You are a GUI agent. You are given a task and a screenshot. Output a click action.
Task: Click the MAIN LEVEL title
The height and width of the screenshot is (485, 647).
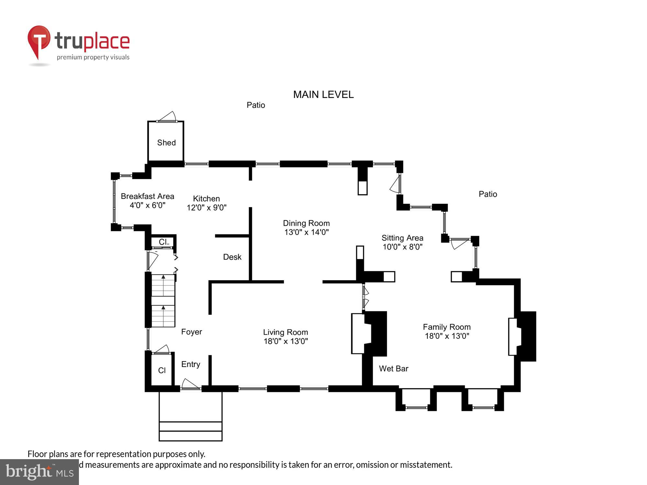point(323,94)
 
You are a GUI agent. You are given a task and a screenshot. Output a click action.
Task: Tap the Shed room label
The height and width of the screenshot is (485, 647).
point(166,143)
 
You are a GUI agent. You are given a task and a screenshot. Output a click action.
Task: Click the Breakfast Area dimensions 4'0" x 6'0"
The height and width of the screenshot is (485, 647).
point(148,205)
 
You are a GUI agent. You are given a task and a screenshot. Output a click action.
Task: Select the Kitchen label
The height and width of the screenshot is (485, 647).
point(206,199)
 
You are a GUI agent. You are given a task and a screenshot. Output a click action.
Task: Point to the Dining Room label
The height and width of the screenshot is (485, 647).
point(306,223)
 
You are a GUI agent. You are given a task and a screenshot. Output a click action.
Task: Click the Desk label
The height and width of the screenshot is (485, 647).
point(232,257)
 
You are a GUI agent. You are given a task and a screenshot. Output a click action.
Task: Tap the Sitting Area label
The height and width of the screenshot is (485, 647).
point(402,238)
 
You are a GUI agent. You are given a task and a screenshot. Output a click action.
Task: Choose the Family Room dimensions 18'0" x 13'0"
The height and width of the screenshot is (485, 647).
point(447,336)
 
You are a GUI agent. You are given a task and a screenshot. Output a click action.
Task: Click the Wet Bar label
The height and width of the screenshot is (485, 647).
point(393,369)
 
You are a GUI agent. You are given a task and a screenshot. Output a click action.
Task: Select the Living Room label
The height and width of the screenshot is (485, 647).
point(285,332)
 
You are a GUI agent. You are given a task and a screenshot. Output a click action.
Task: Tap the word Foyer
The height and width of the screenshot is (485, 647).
point(192,332)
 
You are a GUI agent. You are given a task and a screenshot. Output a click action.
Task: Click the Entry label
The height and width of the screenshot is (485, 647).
point(191,364)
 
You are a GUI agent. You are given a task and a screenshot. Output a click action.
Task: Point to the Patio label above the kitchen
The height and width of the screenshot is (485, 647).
point(256,105)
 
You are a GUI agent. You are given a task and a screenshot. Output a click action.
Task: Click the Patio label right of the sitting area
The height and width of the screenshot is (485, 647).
point(488,194)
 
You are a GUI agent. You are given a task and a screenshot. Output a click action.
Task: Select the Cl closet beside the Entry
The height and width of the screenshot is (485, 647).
point(162,370)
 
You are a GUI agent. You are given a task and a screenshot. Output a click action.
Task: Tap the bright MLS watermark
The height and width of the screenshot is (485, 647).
point(39,472)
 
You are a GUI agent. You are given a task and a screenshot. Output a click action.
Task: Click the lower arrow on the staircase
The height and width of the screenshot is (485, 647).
point(163,308)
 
